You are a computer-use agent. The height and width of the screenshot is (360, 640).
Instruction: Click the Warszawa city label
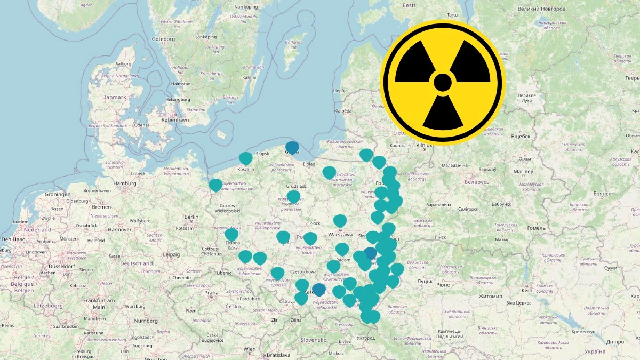tap(341, 234)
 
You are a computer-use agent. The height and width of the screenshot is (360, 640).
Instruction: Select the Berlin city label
tap(190, 217)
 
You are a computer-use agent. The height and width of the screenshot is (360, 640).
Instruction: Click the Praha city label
tap(211, 292)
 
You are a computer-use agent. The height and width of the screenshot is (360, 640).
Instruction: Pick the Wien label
tap(250, 349)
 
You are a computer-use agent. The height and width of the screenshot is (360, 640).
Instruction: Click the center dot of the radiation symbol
tap(443, 83)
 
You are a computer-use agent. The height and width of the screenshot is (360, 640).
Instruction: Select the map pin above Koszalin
tap(245, 158)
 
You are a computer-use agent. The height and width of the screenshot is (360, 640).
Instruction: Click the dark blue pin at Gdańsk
tap(292, 147)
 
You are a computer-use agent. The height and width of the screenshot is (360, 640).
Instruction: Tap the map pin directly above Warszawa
tap(340, 220)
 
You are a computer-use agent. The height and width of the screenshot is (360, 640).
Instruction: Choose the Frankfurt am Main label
tap(99, 303)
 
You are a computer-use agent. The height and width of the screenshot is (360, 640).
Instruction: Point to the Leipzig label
tap(172, 254)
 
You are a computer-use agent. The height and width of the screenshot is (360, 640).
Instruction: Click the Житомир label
tap(490, 296)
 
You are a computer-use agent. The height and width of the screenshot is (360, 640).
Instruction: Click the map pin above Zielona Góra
tap(231, 235)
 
